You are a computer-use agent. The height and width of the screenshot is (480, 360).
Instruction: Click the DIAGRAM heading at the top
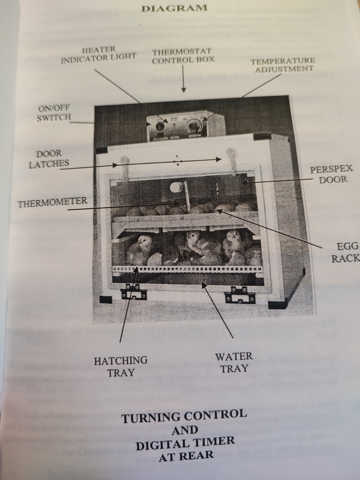point(174,8)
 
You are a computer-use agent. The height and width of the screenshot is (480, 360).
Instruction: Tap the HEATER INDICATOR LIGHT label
point(98,54)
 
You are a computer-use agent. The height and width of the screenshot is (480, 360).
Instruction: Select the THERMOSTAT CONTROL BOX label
point(183,56)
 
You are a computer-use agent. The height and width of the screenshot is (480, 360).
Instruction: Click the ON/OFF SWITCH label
point(54,113)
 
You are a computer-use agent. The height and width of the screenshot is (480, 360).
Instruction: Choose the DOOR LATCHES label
point(49,159)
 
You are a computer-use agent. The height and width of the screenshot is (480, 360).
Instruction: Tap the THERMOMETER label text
point(52,202)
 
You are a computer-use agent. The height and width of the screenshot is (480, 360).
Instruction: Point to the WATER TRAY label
point(234,362)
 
